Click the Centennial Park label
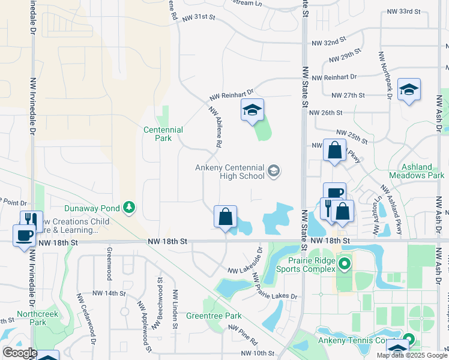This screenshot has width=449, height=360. [163, 134]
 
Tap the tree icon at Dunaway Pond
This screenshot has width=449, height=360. [128, 208]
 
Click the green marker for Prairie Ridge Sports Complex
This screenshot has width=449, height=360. [344, 263]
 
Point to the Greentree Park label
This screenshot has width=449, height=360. [214, 316]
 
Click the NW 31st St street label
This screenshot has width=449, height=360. [198, 18]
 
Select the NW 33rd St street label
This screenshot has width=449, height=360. [401, 11]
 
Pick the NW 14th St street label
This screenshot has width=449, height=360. [109, 293]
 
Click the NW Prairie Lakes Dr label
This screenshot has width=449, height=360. [275, 287]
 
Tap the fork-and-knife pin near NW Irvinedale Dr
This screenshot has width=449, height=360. [31, 221]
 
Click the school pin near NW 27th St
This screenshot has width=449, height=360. [409, 89]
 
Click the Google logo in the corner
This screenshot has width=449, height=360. [19, 353]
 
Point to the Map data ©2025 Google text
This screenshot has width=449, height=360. [411, 355]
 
